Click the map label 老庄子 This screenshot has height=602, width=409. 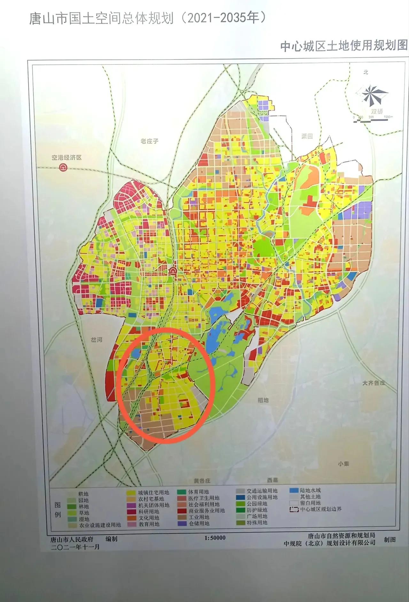coord(149,141)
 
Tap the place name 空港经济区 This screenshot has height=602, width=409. coord(67,158)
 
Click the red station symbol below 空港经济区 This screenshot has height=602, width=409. coord(63,168)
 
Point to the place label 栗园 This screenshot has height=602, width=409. coord(307,136)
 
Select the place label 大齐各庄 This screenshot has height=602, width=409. coord(374,383)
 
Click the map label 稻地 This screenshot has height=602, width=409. coord(263,400)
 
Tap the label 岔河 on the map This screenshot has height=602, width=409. coord(96,340)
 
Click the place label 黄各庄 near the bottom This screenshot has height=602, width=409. coord(202,481)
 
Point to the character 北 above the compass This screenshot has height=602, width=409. coord(366,72)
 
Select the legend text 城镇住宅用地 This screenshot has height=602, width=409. coord(153,493)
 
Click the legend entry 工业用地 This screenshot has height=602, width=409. coord(199,517)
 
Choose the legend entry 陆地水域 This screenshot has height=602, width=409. coord(310,490)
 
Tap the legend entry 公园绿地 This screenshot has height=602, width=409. coord(257,504)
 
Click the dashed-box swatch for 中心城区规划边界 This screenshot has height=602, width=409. coord(294,509)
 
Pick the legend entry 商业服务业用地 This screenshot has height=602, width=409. coord(206,511)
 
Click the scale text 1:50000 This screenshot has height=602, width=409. coord(215,538)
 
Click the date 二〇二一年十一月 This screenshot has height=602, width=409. coord(75,547)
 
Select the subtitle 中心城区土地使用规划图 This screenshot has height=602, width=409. coord(344,46)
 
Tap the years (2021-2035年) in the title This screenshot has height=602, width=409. coord(223,18)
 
